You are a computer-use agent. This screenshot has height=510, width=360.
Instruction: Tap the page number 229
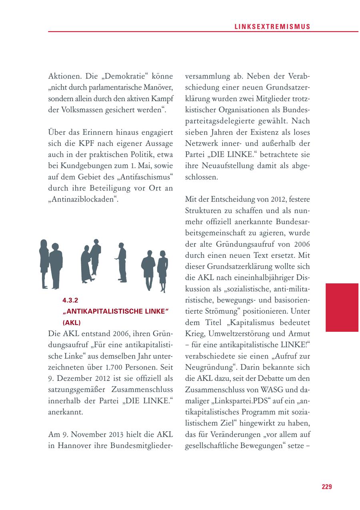point(326,486)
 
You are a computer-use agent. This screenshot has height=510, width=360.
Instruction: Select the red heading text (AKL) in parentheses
point(72,322)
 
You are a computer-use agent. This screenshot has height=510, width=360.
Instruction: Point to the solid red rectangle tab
point(342,307)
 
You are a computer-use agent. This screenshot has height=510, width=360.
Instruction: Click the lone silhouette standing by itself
point(121,262)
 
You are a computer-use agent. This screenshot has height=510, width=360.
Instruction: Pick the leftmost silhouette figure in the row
point(44,264)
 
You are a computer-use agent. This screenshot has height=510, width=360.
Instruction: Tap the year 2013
point(114,435)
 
